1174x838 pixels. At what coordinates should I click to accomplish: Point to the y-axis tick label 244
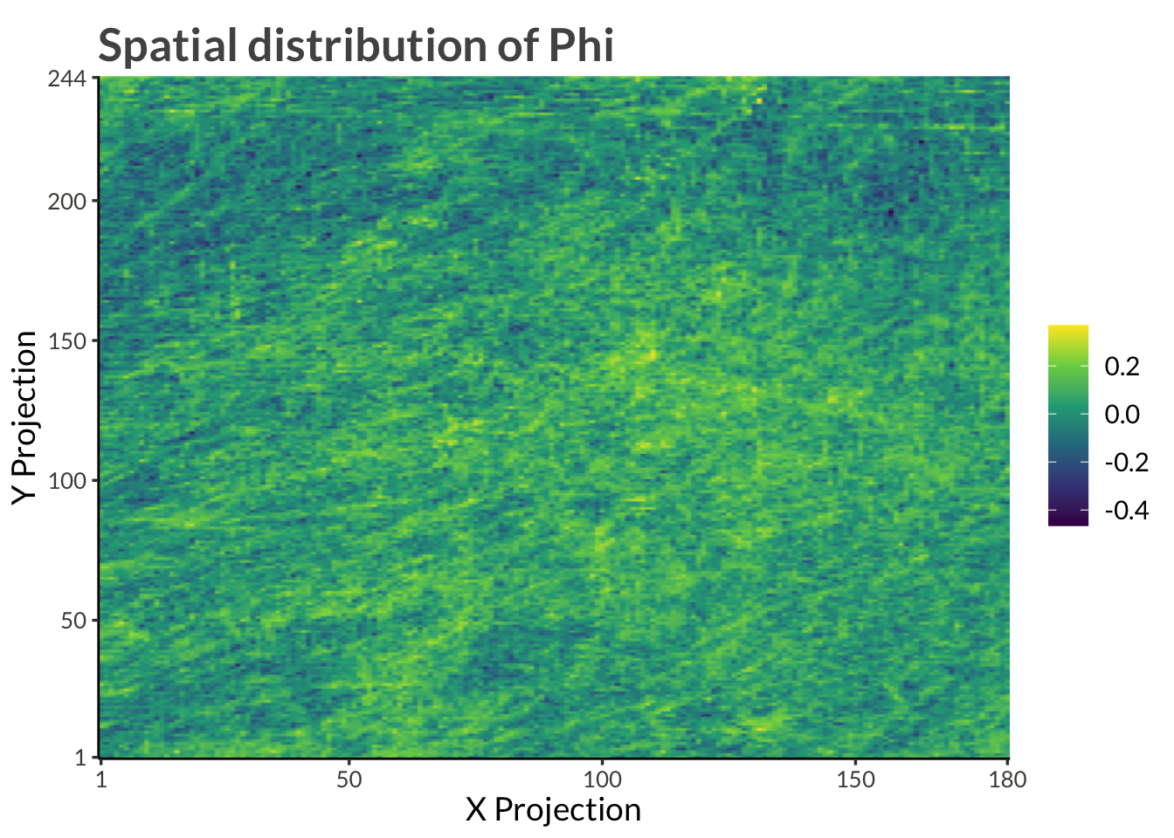tap(66, 79)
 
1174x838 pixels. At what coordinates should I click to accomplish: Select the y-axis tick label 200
tap(66, 202)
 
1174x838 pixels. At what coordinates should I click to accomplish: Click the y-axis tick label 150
tap(66, 341)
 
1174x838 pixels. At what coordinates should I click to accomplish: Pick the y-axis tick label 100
tap(66, 481)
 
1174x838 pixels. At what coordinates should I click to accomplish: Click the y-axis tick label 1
tap(79, 757)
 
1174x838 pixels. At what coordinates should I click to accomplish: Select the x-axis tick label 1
tap(101, 780)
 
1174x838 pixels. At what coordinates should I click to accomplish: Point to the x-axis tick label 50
tap(349, 780)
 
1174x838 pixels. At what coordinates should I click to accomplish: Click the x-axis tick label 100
tap(602, 780)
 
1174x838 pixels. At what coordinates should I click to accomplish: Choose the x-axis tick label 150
tap(855, 780)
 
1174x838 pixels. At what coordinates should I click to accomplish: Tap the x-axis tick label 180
tap(1008, 780)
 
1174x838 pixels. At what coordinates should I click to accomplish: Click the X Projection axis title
tap(553, 810)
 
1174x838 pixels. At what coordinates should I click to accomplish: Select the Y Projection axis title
tap(25, 417)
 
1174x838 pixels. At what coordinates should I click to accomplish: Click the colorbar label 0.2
tap(1122, 367)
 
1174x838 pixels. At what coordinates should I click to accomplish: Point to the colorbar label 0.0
tap(1122, 415)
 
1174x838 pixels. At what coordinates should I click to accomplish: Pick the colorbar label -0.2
tap(1126, 463)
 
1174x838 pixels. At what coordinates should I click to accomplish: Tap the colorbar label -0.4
tap(1126, 511)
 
